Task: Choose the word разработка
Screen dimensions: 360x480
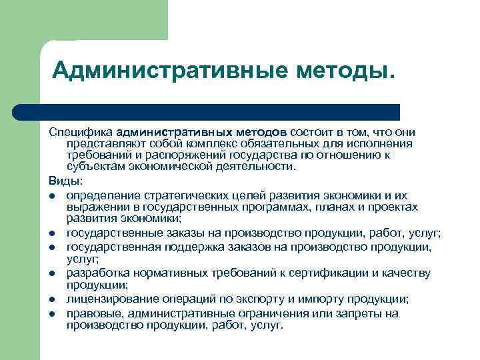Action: [97, 273]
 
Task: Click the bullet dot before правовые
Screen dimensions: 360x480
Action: [51, 313]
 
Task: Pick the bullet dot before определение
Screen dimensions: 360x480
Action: [51, 195]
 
